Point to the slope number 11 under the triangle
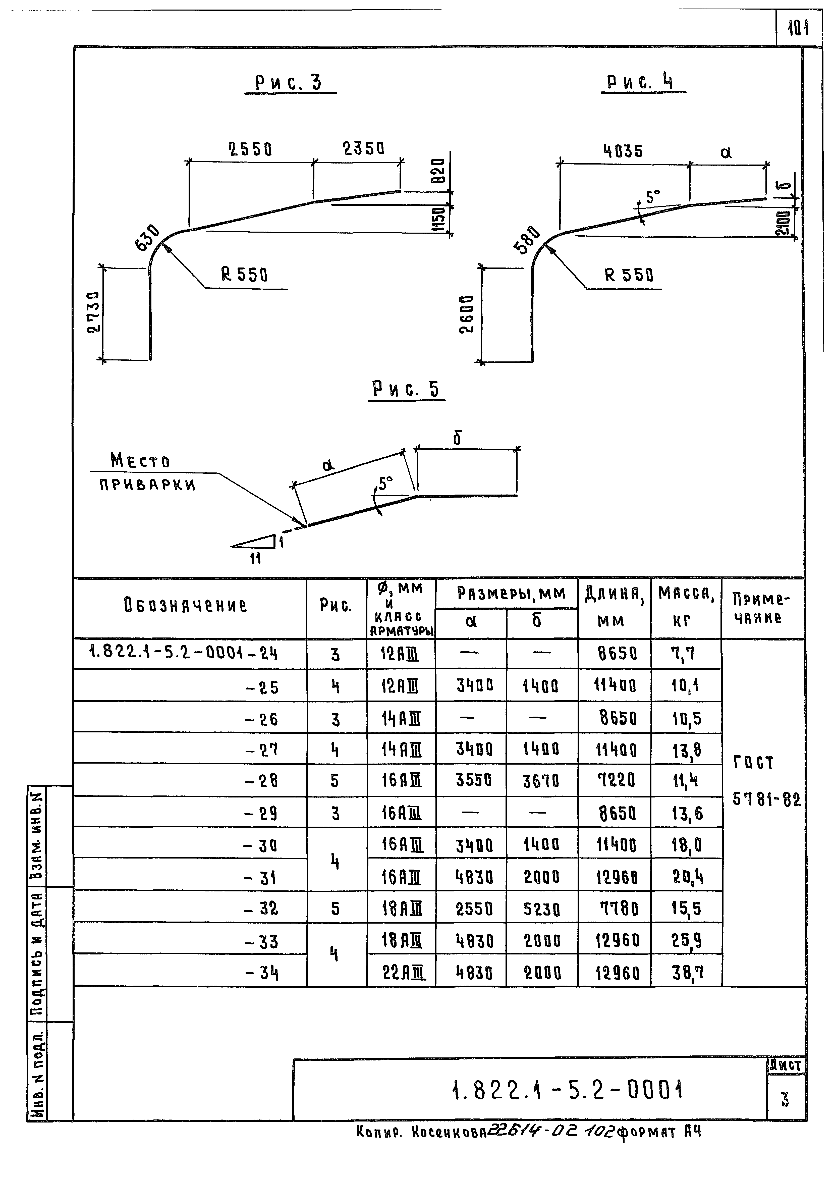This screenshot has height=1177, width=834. pos(255,558)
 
